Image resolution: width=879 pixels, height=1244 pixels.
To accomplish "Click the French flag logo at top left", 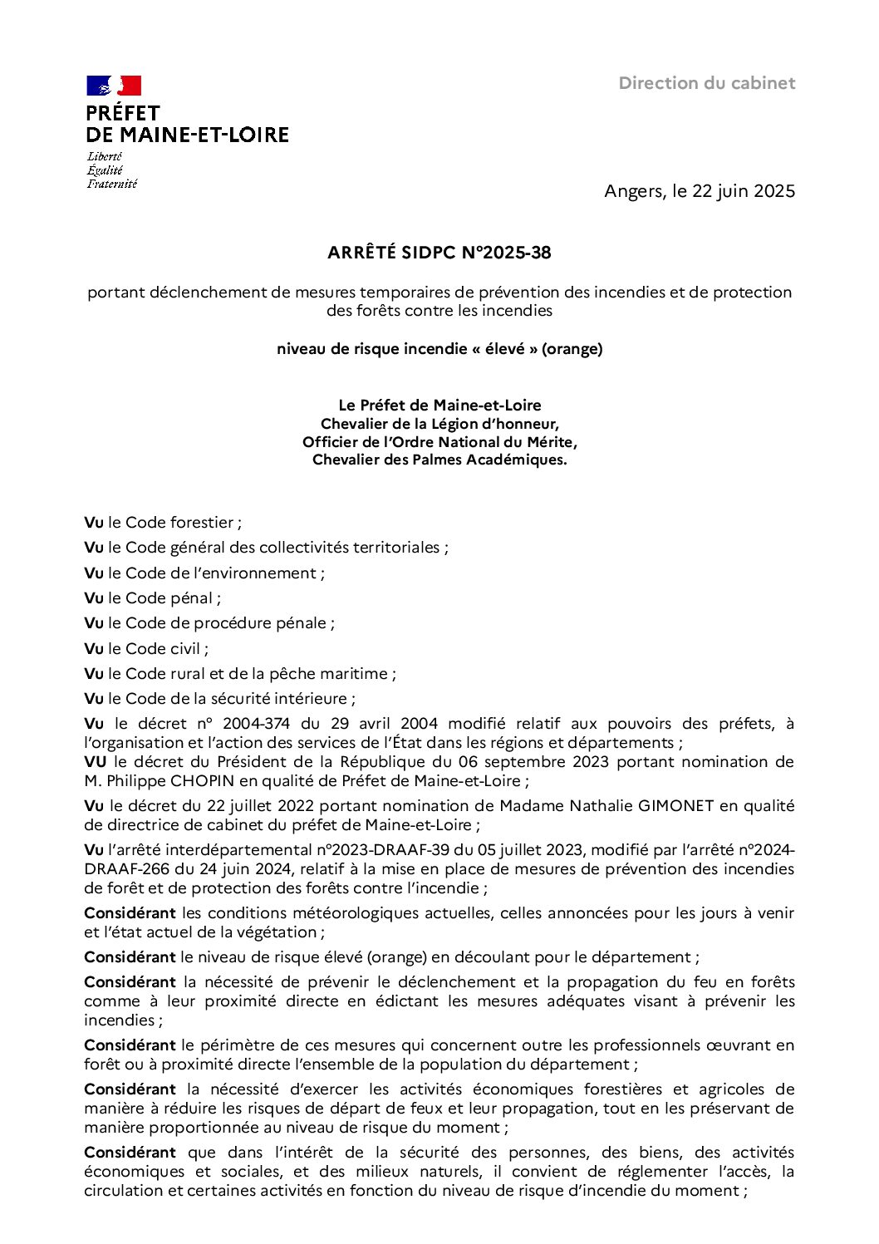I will point(114,86).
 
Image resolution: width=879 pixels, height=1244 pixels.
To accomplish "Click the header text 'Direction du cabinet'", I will point(707,83).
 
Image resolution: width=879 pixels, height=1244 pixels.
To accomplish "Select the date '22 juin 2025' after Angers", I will point(744,191).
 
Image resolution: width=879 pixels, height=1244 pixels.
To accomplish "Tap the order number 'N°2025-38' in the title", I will point(506,253).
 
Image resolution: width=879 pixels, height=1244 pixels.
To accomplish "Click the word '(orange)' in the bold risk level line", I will point(572,349).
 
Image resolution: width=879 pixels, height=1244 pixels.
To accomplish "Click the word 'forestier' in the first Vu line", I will point(202,523).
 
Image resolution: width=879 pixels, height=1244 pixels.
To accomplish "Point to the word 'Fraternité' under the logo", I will point(112,184).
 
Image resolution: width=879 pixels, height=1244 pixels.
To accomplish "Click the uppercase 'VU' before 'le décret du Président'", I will point(95,762).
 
